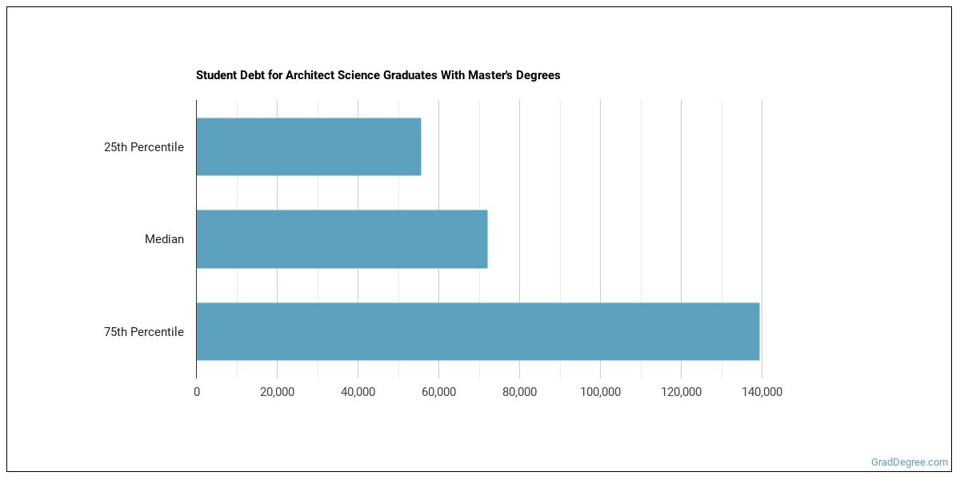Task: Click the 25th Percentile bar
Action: pyautogui.click(x=308, y=147)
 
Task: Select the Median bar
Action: pyautogui.click(x=342, y=239)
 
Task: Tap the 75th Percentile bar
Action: pyautogui.click(x=478, y=331)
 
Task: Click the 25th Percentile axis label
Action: pyautogui.click(x=144, y=147)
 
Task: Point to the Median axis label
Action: pyautogui.click(x=164, y=239)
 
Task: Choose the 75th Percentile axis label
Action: pyautogui.click(x=144, y=332)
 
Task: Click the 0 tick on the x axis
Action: pyautogui.click(x=197, y=392)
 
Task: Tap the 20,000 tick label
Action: pyautogui.click(x=278, y=392)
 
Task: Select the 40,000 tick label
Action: pyautogui.click(x=358, y=392)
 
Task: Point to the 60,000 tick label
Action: pyautogui.click(x=439, y=392)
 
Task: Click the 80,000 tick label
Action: pyautogui.click(x=520, y=392)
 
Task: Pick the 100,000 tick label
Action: pyautogui.click(x=601, y=392)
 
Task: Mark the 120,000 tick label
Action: pyautogui.click(x=681, y=392)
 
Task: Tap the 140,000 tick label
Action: pyautogui.click(x=762, y=392)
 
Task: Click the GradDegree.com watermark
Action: pyautogui.click(x=910, y=462)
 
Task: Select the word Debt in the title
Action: pyautogui.click(x=252, y=75)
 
